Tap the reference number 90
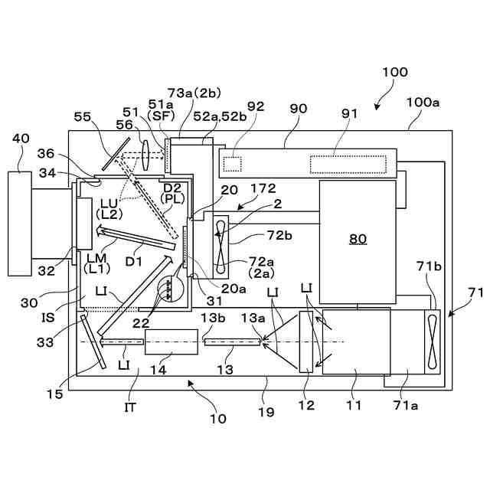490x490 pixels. pos(298,109)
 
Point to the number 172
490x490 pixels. pos(262,187)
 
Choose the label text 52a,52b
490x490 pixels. pos(215,116)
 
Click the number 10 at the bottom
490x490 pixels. pos(218,419)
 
